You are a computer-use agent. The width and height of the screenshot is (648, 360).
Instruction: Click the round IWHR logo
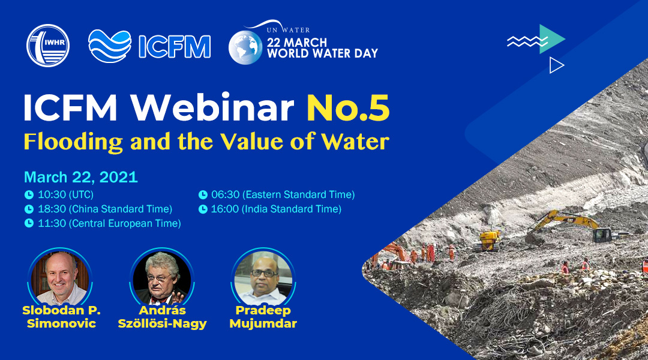click(48, 46)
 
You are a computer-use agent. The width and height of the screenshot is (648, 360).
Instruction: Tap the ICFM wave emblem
click(110, 46)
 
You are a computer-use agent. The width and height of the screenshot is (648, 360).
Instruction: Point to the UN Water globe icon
click(245, 47)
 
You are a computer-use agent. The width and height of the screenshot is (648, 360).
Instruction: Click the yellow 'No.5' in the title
click(348, 108)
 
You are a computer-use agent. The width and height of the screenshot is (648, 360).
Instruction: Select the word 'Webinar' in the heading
click(212, 108)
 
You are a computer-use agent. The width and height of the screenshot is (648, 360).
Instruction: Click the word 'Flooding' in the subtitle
click(73, 142)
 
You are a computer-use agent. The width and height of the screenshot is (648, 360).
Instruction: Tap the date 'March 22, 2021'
click(80, 177)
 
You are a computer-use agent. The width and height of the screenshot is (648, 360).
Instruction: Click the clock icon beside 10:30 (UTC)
click(29, 194)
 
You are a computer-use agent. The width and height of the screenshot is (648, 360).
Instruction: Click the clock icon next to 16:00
click(203, 209)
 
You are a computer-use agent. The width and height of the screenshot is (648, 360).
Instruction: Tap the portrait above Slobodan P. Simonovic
click(61, 277)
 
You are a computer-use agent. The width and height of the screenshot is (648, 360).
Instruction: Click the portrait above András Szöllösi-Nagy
click(162, 277)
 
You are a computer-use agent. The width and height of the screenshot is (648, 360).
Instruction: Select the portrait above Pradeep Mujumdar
click(263, 277)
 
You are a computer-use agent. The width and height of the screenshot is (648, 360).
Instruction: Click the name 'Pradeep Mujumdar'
click(263, 317)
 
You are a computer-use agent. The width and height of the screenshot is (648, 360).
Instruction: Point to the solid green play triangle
click(552, 39)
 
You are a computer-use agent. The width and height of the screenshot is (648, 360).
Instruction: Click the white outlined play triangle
click(556, 65)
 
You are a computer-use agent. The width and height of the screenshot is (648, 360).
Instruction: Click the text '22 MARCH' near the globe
click(297, 43)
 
